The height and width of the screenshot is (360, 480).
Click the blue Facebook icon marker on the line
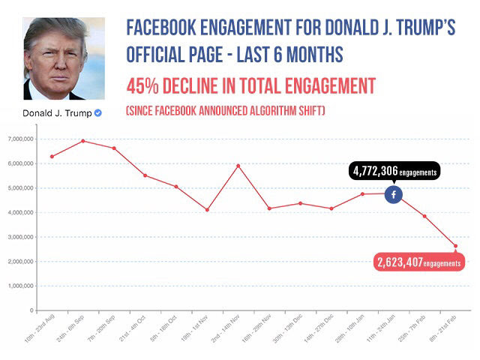[394, 194]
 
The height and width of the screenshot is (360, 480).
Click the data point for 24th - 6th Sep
[82, 141]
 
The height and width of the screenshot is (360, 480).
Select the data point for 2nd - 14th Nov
[238, 165]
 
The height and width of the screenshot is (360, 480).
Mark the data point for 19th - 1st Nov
[207, 209]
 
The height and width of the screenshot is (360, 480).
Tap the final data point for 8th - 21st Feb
[455, 246]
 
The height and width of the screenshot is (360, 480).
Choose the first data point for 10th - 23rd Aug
[52, 156]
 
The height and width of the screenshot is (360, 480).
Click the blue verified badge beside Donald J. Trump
[97, 113]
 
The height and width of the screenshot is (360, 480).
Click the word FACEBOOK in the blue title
[163, 30]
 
